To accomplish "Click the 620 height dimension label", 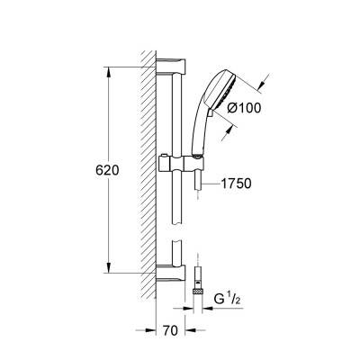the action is coord(107,170).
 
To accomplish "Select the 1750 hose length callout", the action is coord(236,184).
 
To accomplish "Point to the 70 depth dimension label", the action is coord(170,330).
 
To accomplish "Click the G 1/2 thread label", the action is coord(228,299).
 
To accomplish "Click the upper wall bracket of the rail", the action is coord(171,66).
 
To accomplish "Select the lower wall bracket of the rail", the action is coord(171,273).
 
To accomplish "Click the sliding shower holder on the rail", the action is coord(181,163).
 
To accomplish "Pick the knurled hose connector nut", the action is coord(198,291).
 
